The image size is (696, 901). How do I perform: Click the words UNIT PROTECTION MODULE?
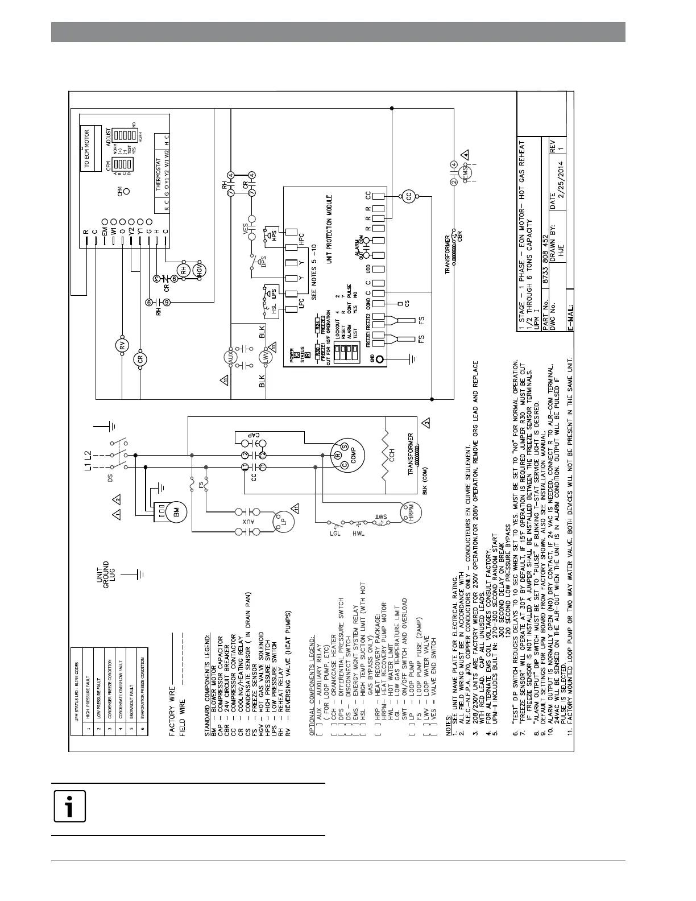[x=329, y=229]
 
